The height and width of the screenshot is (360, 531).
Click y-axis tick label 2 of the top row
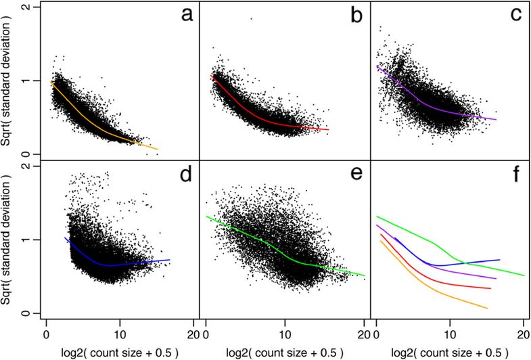coord(25,7)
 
